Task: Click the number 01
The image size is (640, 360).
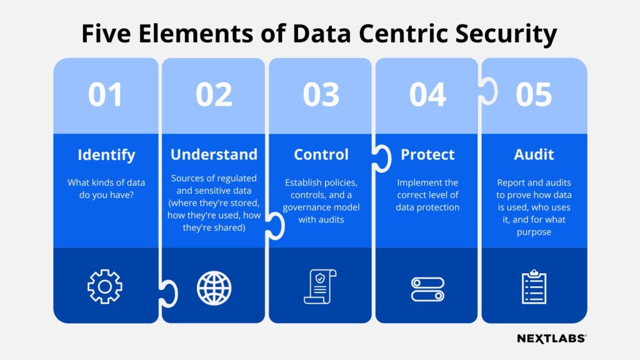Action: (105, 95)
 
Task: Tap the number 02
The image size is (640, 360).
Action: (214, 95)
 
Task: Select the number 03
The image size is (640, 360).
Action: (321, 95)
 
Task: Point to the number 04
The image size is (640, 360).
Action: (427, 95)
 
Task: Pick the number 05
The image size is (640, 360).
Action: (534, 95)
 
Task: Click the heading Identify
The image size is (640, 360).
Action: (106, 154)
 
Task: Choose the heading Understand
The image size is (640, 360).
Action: (214, 154)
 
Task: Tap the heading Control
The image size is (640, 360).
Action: (321, 154)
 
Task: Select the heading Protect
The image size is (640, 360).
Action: (427, 154)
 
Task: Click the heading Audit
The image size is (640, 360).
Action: (534, 154)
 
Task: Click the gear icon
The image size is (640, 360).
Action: (105, 287)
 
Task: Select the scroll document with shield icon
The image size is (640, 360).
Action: (320, 287)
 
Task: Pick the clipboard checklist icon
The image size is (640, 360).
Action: (534, 286)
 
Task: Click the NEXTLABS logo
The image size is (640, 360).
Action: (551, 338)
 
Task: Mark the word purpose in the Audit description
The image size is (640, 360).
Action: (534, 232)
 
